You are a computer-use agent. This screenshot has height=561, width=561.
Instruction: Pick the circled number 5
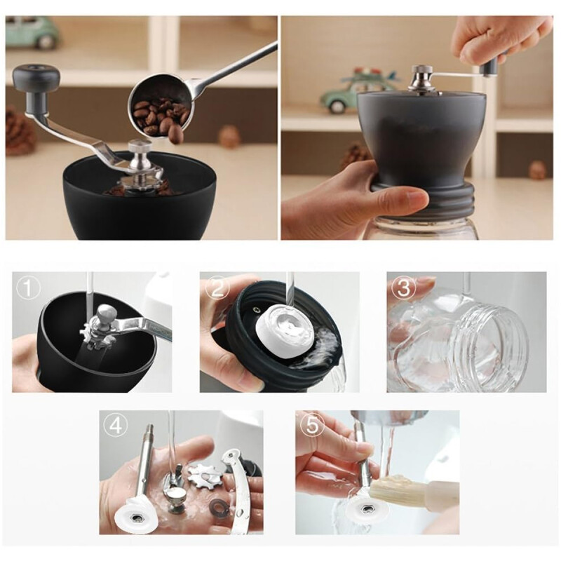click(x=309, y=425)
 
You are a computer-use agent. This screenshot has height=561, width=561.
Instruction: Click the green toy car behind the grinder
click(x=32, y=31)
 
